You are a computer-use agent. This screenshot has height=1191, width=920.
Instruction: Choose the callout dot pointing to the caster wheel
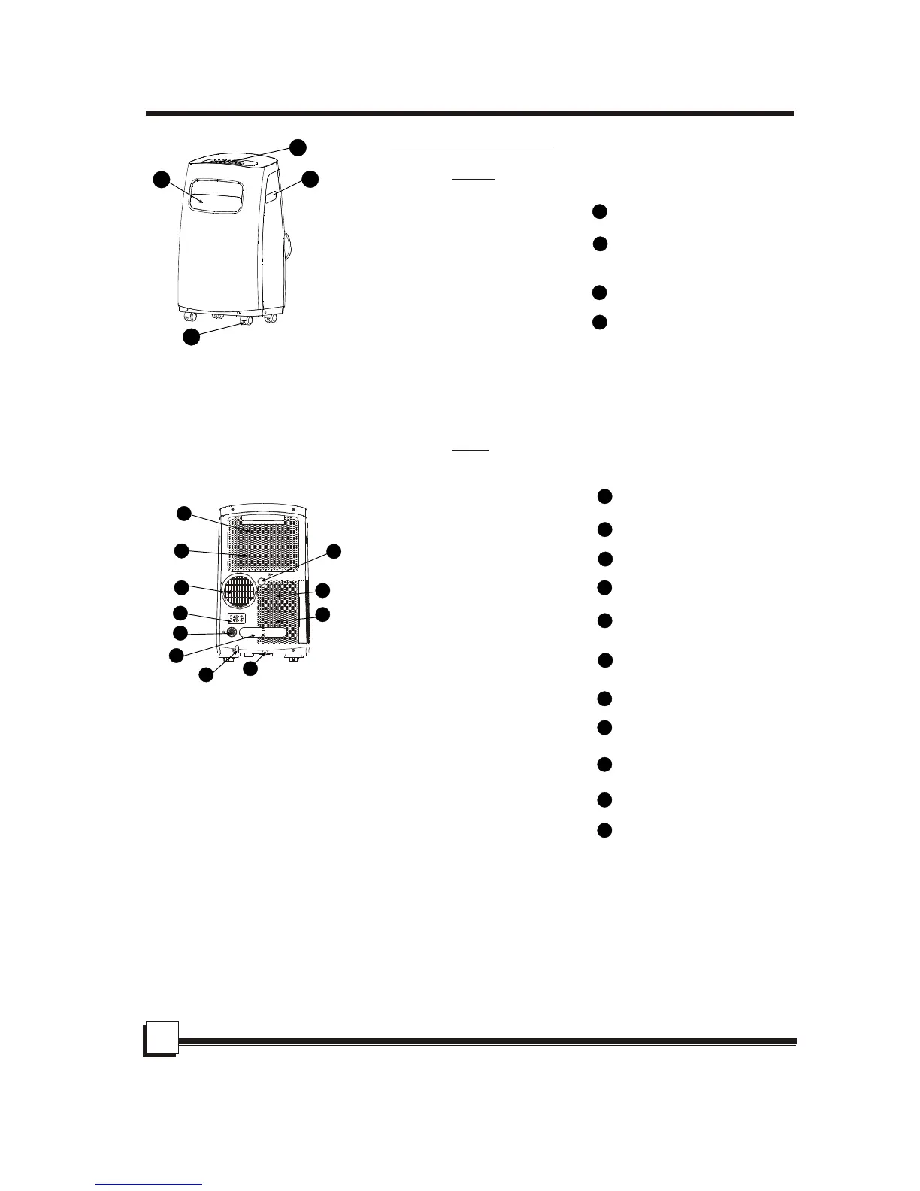pos(192,337)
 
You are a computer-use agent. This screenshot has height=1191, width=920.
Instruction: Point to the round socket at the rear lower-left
pos(232,633)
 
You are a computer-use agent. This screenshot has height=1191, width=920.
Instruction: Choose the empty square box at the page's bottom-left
pos(161,1038)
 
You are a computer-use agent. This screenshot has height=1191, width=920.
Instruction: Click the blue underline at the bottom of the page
pos(150,1184)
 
